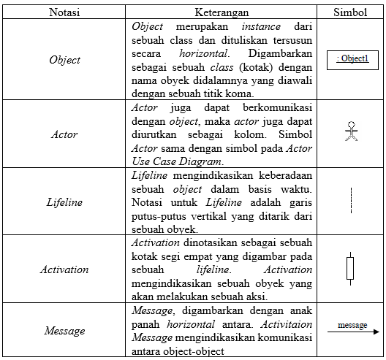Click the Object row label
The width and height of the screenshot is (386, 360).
[65, 60]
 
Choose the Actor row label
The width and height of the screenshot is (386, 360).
[65, 135]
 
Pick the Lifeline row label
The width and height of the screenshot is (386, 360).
[65, 202]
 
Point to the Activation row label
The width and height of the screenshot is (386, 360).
[65, 269]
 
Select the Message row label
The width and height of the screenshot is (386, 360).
[65, 331]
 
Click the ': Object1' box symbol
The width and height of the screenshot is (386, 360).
[353, 58]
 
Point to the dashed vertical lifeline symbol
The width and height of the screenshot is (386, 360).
[352, 200]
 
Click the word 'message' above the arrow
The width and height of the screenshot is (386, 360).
[352, 324]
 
